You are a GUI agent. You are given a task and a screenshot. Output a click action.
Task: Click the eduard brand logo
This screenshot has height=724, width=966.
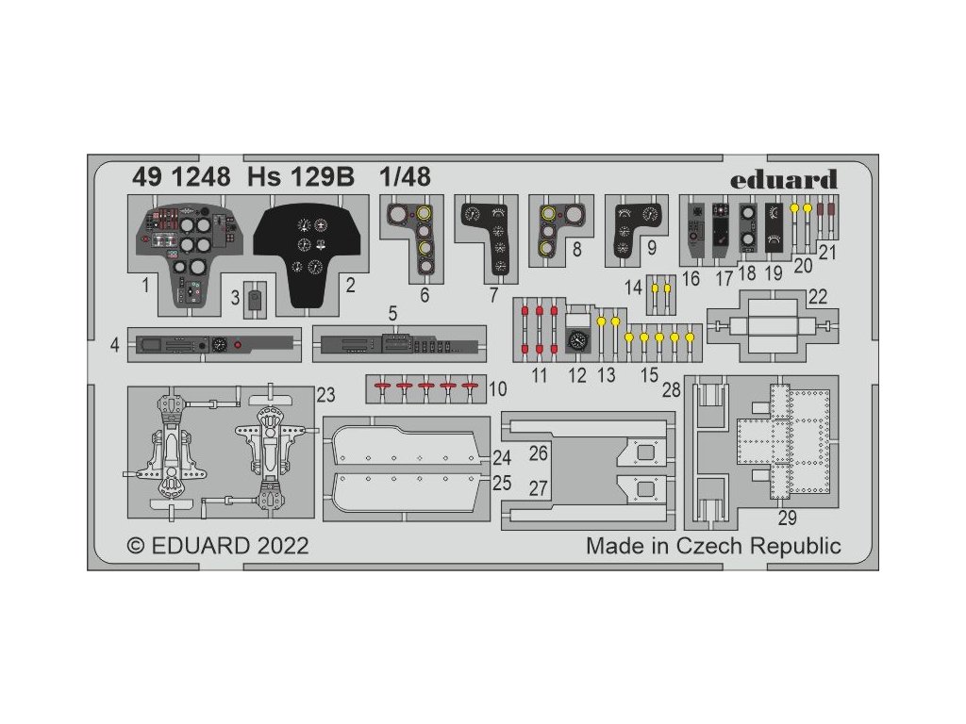tap(797, 179)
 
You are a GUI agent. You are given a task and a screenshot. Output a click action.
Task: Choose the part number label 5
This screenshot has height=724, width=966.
tap(392, 312)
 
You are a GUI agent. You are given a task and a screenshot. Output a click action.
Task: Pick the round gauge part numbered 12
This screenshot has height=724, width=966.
tap(577, 341)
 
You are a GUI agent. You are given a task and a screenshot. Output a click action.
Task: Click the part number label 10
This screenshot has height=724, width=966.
tap(497, 388)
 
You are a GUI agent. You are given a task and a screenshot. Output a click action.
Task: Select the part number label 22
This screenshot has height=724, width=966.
tap(817, 297)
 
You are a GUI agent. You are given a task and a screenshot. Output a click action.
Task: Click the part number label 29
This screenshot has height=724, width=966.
tap(787, 518)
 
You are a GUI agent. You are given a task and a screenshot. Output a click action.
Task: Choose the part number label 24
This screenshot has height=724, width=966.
tap(501, 459)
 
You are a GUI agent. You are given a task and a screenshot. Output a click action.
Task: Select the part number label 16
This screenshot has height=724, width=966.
tap(691, 278)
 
